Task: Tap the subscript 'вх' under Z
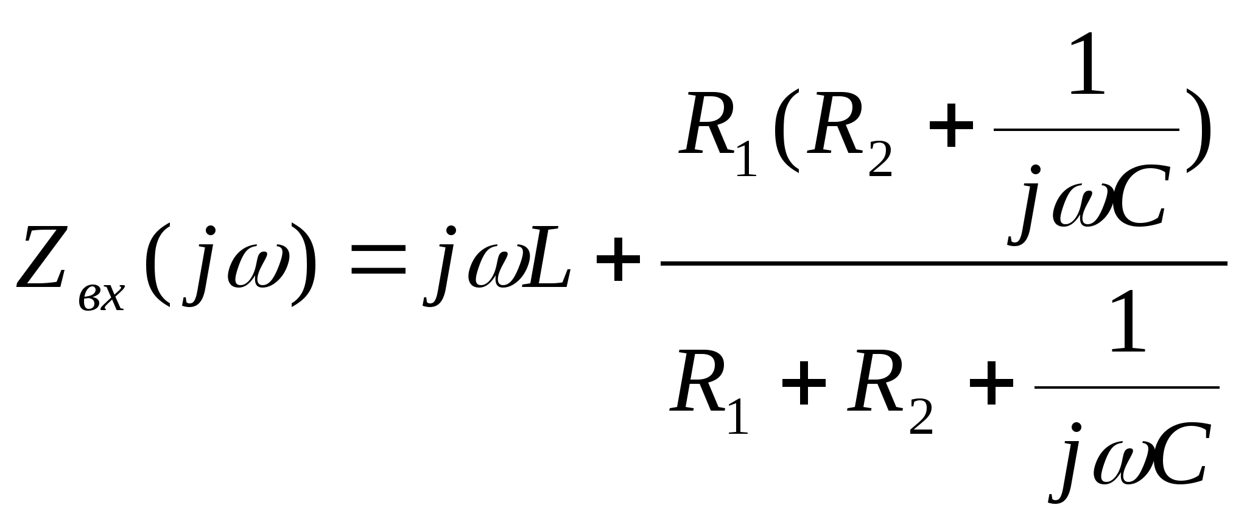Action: point(102,298)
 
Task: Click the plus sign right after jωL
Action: point(618,259)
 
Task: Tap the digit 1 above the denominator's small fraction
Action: point(1128,323)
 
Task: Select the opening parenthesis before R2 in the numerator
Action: point(785,130)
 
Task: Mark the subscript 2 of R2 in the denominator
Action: point(921,418)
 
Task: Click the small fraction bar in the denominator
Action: point(1126,387)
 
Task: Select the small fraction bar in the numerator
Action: point(1086,130)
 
